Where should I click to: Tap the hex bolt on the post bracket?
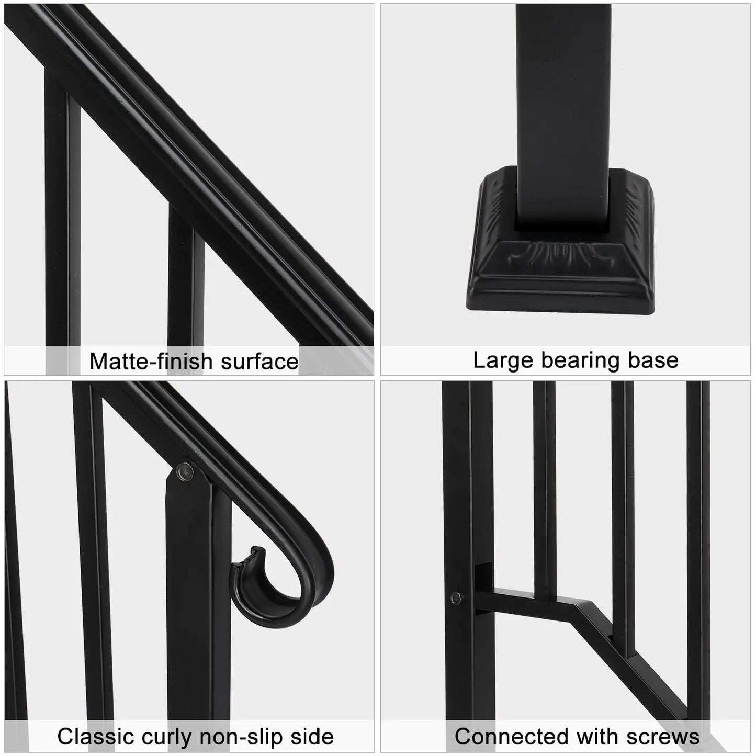456,597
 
